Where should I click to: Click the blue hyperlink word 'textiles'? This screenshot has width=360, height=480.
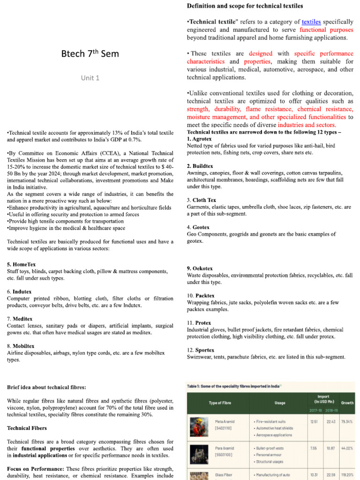click(x=311, y=22)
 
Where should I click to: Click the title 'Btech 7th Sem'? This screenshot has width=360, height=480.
click(x=90, y=53)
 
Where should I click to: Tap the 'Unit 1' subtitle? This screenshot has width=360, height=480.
click(x=90, y=78)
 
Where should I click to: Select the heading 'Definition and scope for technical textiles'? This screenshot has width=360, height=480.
click(x=245, y=6)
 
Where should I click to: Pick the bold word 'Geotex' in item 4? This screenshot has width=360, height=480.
click(x=201, y=227)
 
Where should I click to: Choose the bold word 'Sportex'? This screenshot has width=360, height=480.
click(x=204, y=350)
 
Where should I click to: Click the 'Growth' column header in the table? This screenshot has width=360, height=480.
click(x=347, y=403)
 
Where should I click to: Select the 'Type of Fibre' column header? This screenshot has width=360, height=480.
click(x=220, y=403)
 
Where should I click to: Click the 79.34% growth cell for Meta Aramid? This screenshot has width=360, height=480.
click(x=347, y=421)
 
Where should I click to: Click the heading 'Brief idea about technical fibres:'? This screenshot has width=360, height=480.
click(x=46, y=387)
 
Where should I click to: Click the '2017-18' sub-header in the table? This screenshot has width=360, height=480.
click(x=315, y=411)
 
